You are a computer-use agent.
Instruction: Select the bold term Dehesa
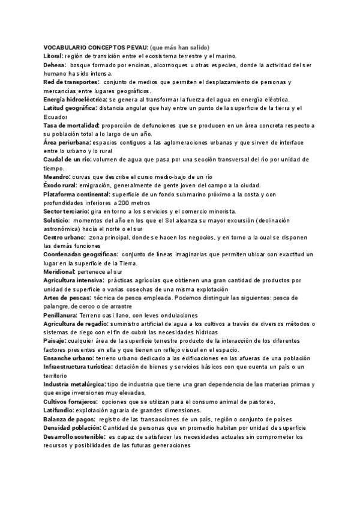point(55,64)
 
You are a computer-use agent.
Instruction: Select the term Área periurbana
point(67,143)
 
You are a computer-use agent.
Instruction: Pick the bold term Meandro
point(57,178)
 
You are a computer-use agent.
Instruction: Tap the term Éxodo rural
point(61,186)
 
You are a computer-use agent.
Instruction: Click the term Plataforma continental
point(77,195)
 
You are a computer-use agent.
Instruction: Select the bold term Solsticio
point(56,221)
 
